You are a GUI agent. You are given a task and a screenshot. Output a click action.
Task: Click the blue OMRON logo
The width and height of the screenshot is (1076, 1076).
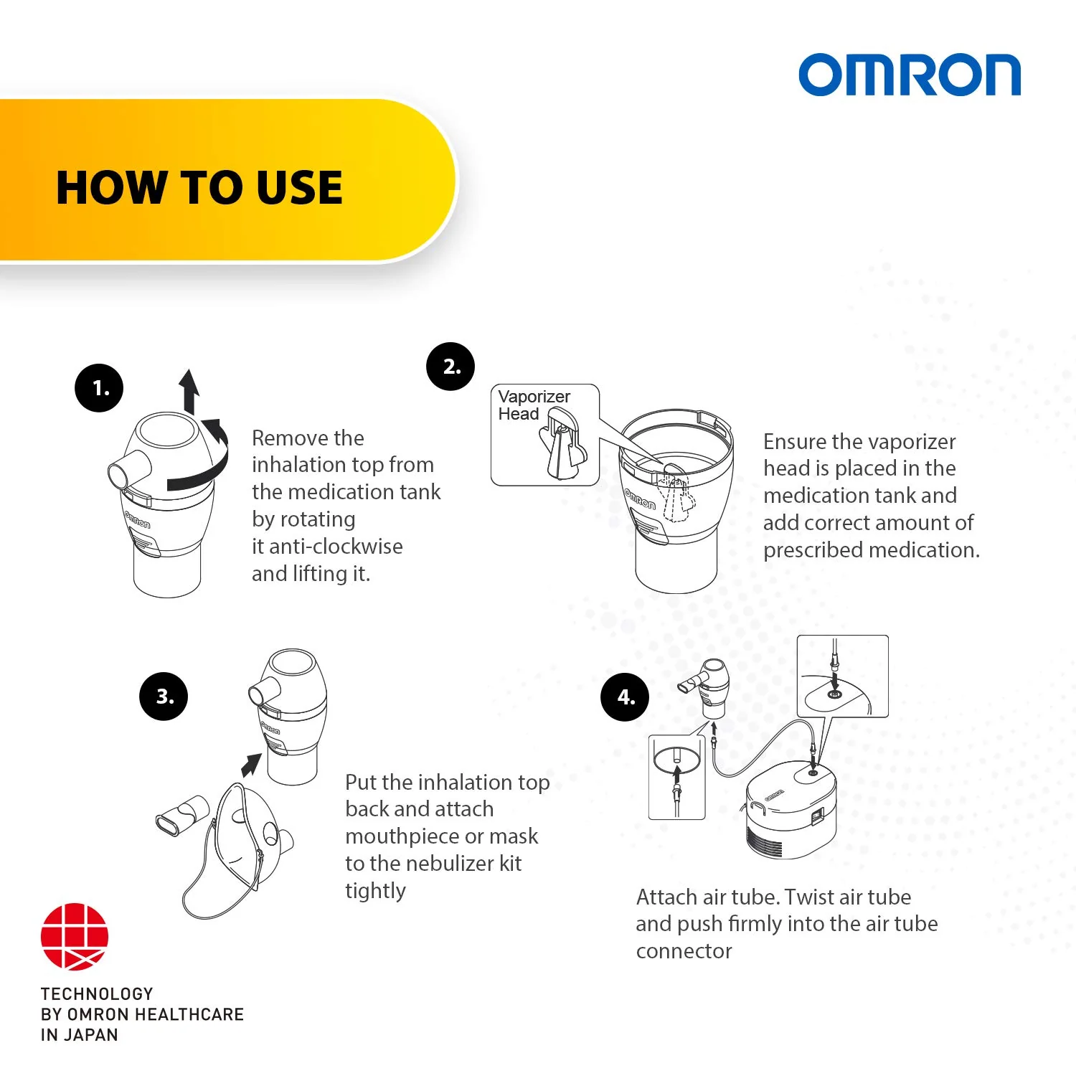coord(909,75)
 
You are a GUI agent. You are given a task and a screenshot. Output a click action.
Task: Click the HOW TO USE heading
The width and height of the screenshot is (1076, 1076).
coord(199,188)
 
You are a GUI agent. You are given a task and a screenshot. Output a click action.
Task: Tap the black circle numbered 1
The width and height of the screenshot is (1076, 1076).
coord(99,388)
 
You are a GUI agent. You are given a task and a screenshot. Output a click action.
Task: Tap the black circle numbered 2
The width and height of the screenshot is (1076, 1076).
coord(450,367)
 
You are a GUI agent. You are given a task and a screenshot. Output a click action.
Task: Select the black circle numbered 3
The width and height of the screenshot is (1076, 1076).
coord(164,696)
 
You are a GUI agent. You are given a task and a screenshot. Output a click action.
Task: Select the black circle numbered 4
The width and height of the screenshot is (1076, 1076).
coord(625,697)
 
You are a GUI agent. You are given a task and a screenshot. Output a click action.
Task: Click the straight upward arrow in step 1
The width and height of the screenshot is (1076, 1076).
coord(189,391)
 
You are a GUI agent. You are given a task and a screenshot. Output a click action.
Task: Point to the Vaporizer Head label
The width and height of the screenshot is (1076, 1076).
coord(534,405)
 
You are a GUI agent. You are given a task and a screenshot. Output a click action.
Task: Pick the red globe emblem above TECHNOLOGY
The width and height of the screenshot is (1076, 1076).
coord(75,936)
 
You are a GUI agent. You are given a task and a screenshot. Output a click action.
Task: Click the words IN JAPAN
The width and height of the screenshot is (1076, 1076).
coord(79,1034)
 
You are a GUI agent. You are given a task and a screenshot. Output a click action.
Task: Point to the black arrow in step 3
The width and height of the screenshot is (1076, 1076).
coord(251,765)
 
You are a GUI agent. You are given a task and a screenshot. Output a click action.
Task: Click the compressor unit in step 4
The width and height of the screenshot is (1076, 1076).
coord(791,814)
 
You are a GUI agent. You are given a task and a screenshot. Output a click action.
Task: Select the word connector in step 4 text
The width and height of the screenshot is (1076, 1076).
coord(684,951)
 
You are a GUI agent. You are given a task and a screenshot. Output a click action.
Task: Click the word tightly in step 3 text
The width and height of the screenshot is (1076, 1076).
coord(375,890)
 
